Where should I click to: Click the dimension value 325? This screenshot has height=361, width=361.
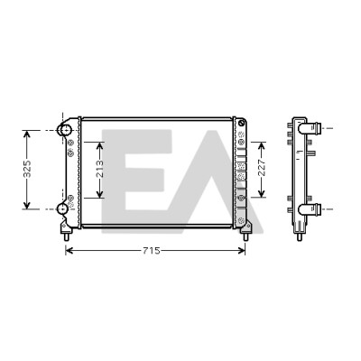27,169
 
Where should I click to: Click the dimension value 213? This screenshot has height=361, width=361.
99,169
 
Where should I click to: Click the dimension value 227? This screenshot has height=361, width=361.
262,167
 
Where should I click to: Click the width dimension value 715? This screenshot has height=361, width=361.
152,251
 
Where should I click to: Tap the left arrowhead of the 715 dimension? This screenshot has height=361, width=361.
69,250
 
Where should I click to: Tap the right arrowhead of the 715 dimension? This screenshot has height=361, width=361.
242,250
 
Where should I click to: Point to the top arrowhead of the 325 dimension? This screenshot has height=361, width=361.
27,134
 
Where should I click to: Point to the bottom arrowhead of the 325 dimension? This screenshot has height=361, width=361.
27,205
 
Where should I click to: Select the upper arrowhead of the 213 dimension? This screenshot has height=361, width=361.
99,145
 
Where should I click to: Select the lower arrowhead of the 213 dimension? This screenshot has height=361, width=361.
99,194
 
